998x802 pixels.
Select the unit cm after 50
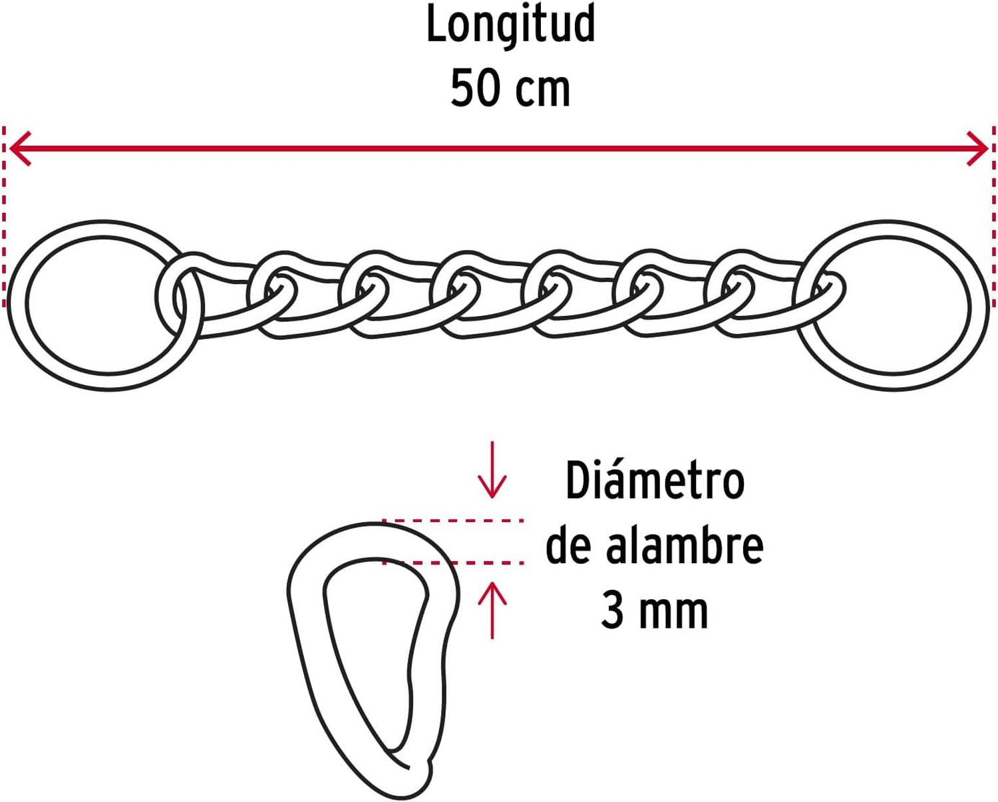point(542,90)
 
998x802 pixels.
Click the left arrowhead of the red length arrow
point(21,148)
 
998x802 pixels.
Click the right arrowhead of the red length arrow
point(977,148)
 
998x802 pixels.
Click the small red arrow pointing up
point(492,610)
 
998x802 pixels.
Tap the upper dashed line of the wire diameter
point(453,521)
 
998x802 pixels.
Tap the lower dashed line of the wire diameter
point(453,563)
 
